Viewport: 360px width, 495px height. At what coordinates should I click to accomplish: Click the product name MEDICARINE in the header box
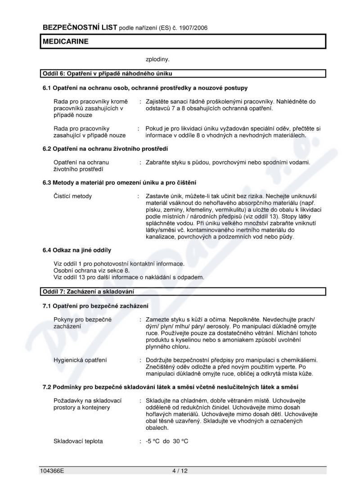(x=66, y=41)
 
